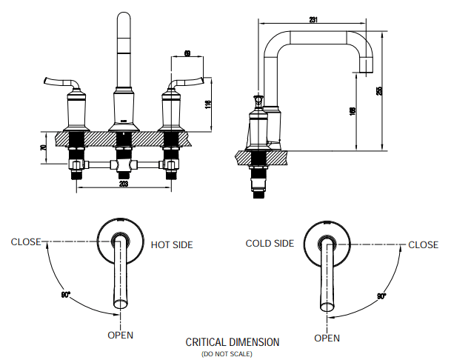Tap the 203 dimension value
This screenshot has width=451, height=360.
click(x=124, y=184)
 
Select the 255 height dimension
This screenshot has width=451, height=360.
click(x=379, y=90)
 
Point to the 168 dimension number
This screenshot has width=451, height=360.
click(x=355, y=111)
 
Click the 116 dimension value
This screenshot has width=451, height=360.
click(x=210, y=106)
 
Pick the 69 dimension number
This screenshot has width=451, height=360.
click(x=187, y=53)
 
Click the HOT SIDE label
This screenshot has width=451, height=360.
click(x=171, y=244)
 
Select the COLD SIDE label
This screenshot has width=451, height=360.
click(x=270, y=244)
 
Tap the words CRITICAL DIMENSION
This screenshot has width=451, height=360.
click(x=233, y=342)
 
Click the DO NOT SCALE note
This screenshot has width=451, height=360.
click(x=227, y=354)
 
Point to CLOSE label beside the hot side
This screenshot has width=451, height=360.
click(x=26, y=241)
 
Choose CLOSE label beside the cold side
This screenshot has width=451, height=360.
click(x=424, y=244)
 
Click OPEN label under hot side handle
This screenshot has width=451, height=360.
click(x=121, y=335)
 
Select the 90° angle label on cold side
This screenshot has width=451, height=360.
click(x=381, y=296)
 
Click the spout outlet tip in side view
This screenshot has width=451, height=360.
click(x=364, y=70)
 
